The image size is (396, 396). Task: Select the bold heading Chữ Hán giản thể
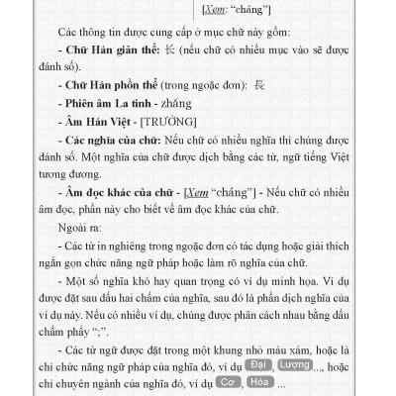click(x=106, y=49)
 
